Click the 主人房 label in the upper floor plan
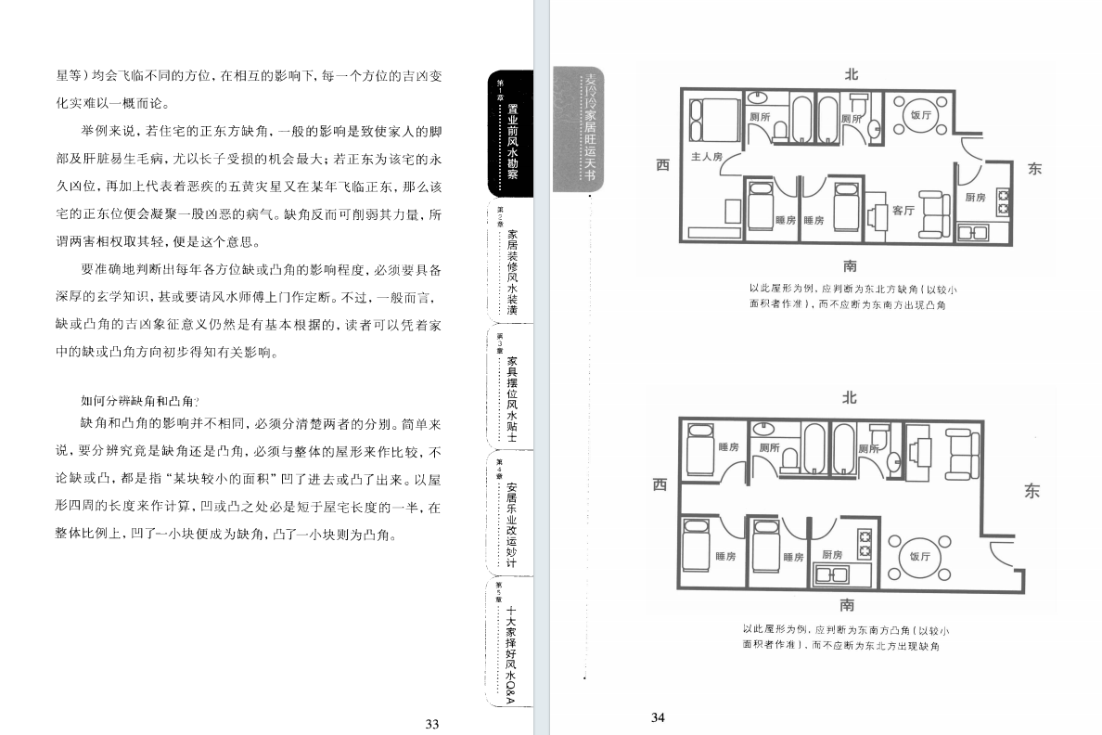(x=706, y=157)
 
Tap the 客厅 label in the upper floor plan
(x=903, y=211)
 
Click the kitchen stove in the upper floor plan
(x=1003, y=198)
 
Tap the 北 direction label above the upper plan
(x=851, y=73)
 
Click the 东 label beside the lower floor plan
(x=1032, y=492)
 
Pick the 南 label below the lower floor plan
(x=847, y=605)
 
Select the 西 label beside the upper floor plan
(x=662, y=165)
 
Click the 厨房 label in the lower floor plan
(x=831, y=555)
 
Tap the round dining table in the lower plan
(x=919, y=556)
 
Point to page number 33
(x=431, y=724)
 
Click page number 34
(x=659, y=717)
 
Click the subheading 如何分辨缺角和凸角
(x=140, y=401)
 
